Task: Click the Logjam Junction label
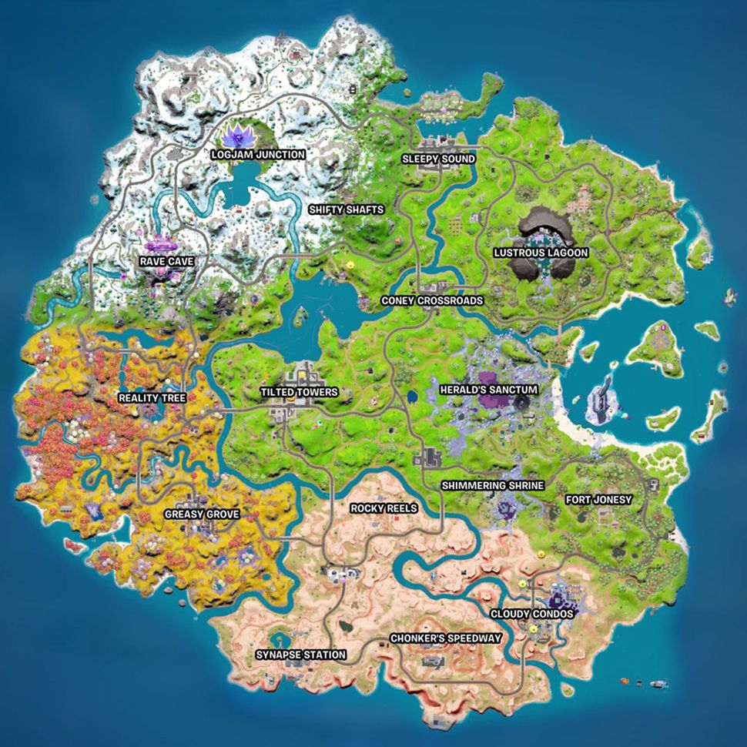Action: click(258, 154)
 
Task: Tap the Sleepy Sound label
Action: click(438, 159)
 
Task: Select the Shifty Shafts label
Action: click(346, 209)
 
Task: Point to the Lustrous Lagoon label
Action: click(541, 253)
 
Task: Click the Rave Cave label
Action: click(166, 262)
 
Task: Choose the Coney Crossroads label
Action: click(432, 300)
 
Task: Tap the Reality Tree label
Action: click(151, 398)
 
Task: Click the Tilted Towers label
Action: click(299, 392)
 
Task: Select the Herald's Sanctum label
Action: click(488, 390)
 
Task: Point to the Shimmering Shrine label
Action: click(492, 486)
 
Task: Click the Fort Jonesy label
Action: click(598, 500)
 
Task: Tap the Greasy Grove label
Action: click(202, 514)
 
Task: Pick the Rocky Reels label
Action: click(384, 508)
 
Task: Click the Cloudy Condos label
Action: click(532, 614)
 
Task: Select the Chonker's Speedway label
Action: click(446, 638)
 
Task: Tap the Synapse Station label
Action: click(301, 655)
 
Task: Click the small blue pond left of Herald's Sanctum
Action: click(413, 396)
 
